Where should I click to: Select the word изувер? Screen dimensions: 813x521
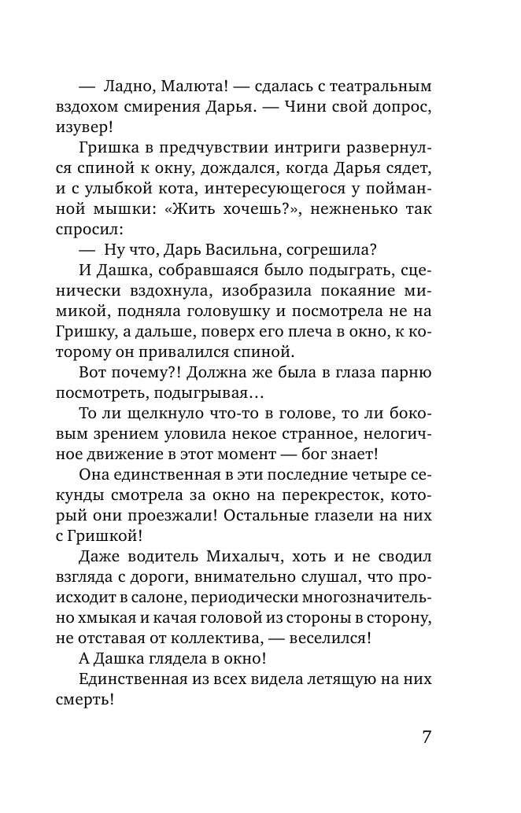click(107, 127)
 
